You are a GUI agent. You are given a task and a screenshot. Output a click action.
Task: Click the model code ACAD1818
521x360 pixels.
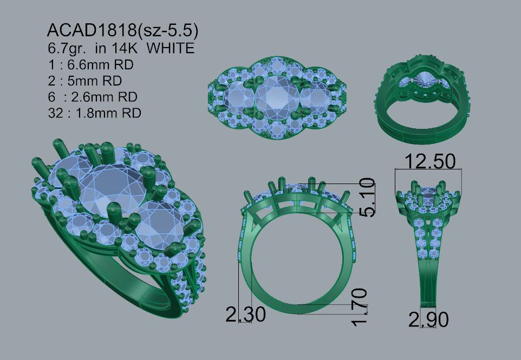point(92,30)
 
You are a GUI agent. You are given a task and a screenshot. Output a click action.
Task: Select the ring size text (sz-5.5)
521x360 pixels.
point(167,30)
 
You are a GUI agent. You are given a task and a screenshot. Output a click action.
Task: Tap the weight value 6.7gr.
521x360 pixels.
point(67,49)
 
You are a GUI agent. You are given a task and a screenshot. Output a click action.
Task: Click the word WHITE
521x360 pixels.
point(171,48)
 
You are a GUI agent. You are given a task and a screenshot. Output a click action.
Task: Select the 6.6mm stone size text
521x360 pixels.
point(100,64)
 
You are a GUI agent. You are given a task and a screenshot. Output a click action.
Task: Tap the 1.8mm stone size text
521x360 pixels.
point(108,113)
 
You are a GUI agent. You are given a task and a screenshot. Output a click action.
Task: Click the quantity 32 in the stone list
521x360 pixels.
point(55,113)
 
